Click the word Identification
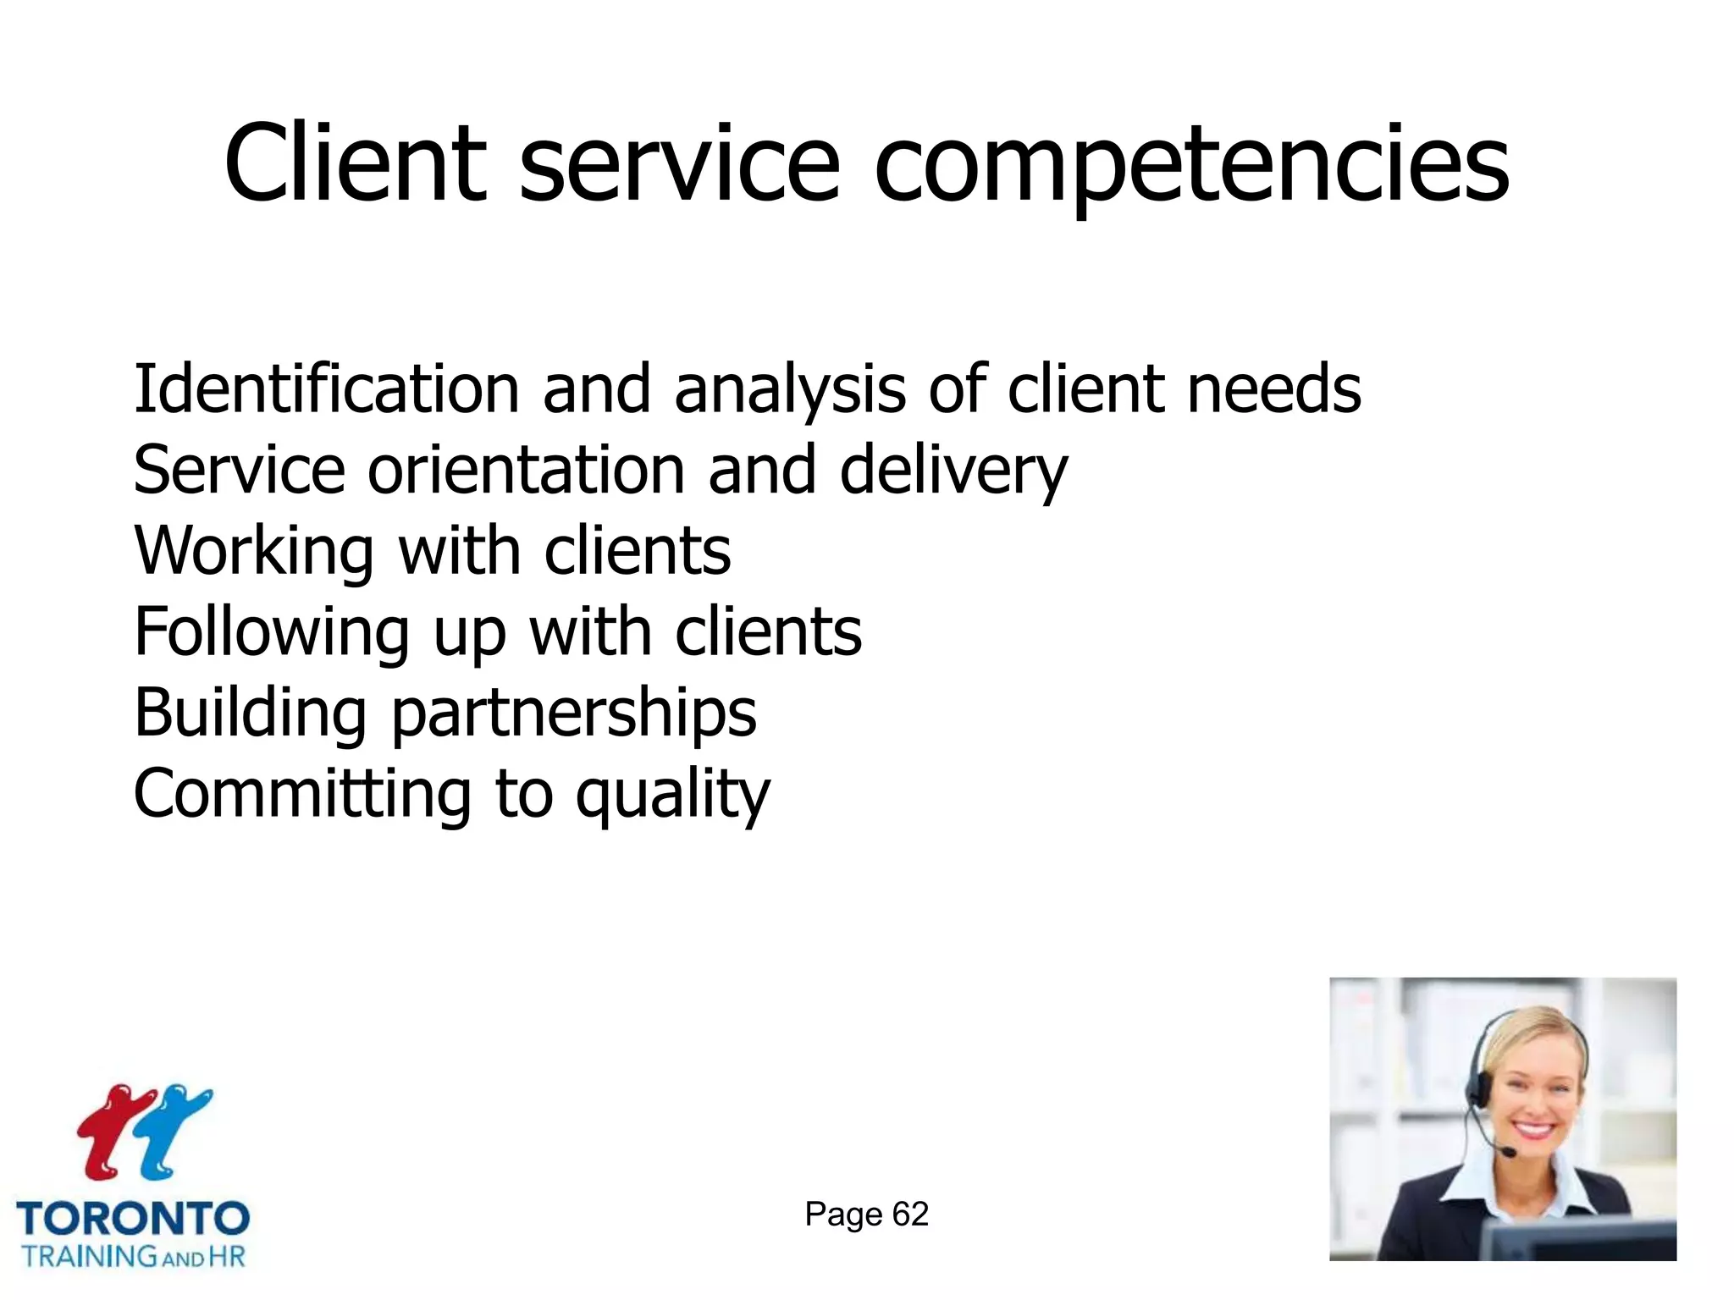[326, 389]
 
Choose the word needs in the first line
[1274, 389]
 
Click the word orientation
[525, 471]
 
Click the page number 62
[910, 1215]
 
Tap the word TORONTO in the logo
[133, 1220]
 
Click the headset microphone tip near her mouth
[1508, 1153]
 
